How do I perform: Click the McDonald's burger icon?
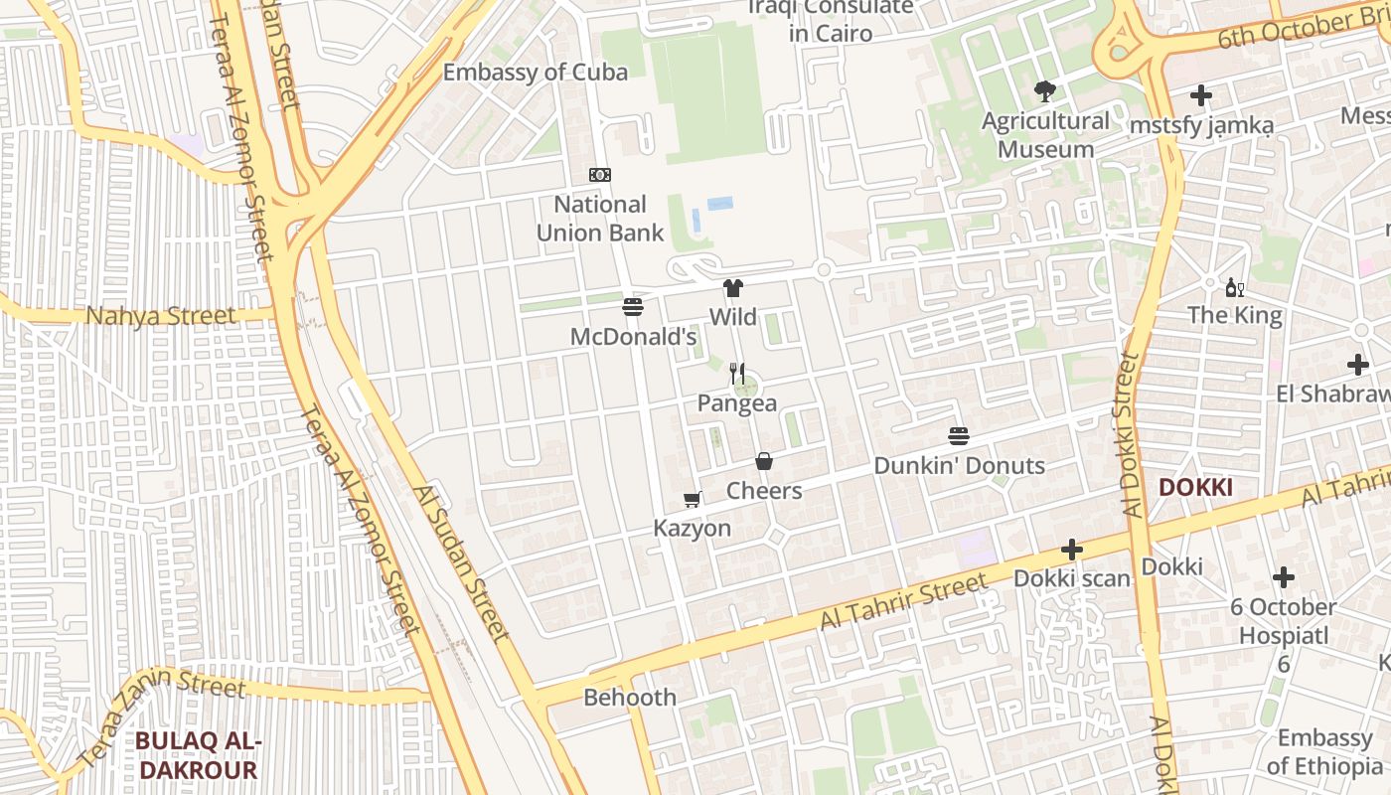click(633, 306)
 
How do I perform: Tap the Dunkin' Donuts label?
click(959, 466)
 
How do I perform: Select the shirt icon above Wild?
click(732, 288)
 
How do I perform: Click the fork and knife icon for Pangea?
click(736, 374)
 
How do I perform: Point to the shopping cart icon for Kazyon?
click(693, 499)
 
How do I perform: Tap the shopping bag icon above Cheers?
click(764, 461)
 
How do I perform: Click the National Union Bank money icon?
click(599, 175)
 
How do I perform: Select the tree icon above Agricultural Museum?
click(1044, 91)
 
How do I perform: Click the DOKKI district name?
click(1195, 488)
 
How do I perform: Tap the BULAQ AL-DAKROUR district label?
click(197, 755)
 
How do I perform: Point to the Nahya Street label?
click(161, 317)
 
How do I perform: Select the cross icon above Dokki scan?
click(1071, 549)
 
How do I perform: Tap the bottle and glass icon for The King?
click(1235, 288)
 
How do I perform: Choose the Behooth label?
click(630, 698)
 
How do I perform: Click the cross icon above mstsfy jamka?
click(1201, 95)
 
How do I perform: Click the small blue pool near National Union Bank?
click(720, 203)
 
